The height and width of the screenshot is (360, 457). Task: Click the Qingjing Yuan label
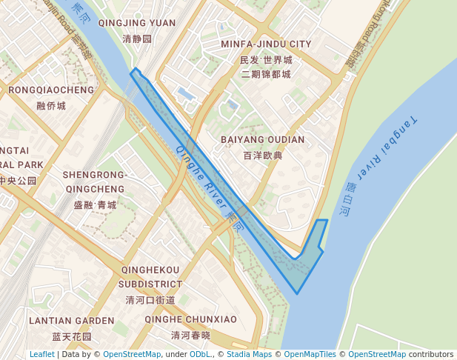(136, 23)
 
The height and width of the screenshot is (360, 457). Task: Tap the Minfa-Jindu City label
(266, 44)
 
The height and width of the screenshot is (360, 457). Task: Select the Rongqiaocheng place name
(51, 90)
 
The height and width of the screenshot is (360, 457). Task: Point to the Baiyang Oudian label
(262, 139)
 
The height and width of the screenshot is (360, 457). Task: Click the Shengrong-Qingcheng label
(95, 181)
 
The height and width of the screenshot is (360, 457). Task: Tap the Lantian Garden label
(72, 321)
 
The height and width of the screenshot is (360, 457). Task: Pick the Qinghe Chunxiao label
(190, 319)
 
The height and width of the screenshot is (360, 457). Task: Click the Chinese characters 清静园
(136, 38)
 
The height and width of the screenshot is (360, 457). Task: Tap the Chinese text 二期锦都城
(266, 74)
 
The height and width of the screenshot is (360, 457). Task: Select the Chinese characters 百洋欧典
(262, 156)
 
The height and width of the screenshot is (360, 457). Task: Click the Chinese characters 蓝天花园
(72, 336)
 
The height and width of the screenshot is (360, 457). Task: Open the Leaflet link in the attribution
(41, 354)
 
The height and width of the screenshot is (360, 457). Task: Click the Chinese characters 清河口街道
(150, 300)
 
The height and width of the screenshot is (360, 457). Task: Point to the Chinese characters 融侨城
(51, 106)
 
